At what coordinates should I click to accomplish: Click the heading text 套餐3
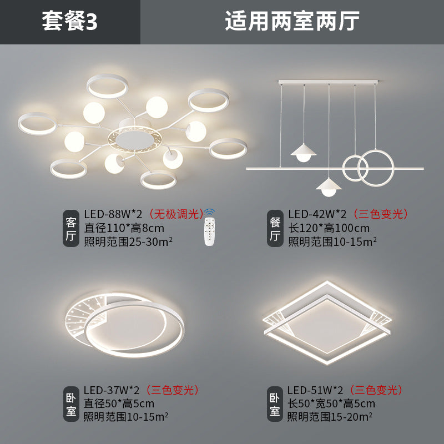[x=69, y=22]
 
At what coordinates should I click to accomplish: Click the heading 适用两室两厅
[x=292, y=22]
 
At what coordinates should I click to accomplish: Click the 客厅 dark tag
[x=70, y=228]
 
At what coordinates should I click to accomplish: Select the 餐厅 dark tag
[x=275, y=229]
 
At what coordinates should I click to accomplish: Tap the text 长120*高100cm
[x=329, y=228]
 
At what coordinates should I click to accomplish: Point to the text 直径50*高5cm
[x=119, y=403]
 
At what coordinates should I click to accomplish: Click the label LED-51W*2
[x=316, y=390]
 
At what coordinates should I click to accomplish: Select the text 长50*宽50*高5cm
[x=331, y=403]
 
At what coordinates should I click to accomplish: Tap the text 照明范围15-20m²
[x=329, y=416]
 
